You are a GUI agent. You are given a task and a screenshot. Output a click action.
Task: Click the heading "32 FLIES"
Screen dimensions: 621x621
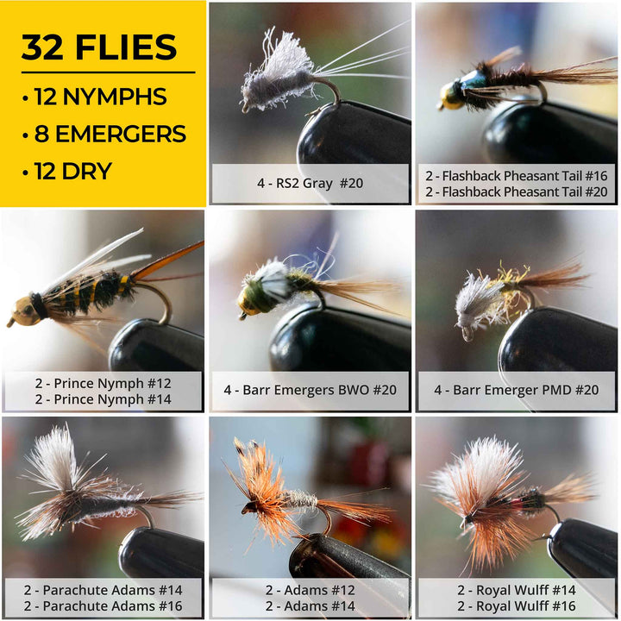click(99, 48)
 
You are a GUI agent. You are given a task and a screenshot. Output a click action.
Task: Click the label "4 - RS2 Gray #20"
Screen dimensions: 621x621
click(310, 184)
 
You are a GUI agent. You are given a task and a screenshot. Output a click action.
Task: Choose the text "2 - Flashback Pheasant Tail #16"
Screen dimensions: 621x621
click(516, 175)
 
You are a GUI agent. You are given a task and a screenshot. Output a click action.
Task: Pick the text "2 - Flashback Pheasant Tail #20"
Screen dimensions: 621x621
click(516, 191)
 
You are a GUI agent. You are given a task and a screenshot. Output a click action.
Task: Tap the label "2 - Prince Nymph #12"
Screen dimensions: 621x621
click(103, 382)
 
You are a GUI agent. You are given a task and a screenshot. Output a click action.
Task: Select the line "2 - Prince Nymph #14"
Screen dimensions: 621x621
click(103, 398)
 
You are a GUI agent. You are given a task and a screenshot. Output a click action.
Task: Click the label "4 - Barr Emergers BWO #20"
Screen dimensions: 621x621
click(310, 390)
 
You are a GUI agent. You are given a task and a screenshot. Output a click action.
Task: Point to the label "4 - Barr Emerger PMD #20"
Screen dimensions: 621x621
click(516, 390)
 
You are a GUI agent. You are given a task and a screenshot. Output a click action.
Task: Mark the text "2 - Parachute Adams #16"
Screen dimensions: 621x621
click(103, 606)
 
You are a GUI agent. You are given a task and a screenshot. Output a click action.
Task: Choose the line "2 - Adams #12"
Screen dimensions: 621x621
click(310, 590)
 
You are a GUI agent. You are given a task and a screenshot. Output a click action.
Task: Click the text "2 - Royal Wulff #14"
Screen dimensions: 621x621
click(516, 590)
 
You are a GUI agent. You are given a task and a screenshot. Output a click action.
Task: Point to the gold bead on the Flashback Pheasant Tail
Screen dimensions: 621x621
click(448, 102)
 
